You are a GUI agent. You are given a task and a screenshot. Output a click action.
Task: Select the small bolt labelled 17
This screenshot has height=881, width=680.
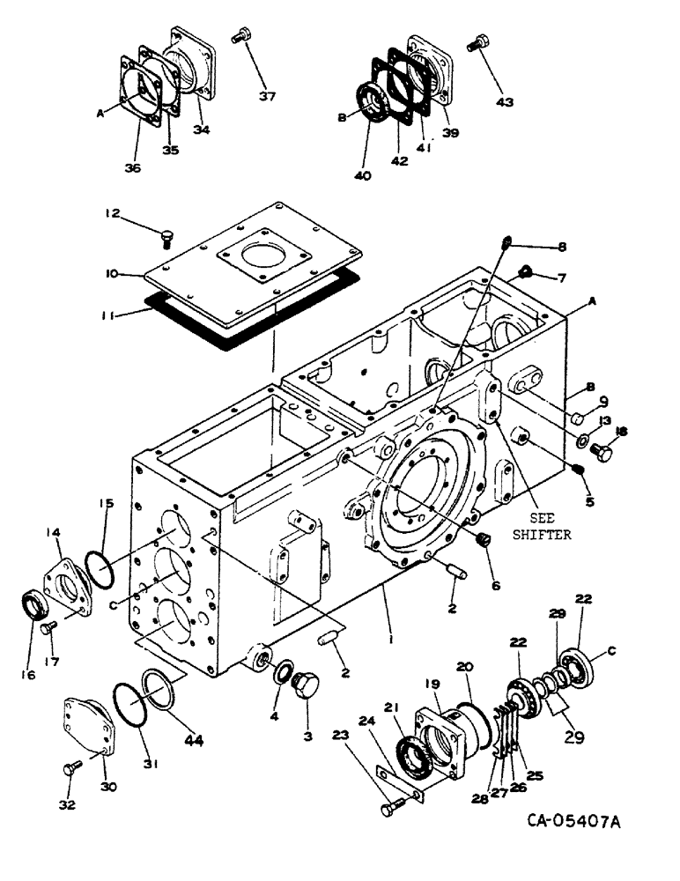pyautogui.click(x=49, y=628)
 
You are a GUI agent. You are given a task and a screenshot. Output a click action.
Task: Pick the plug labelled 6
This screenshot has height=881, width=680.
pyautogui.click(x=482, y=539)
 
